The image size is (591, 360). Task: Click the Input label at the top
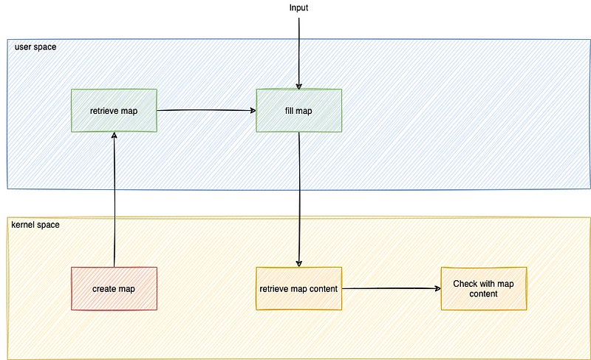click(x=298, y=8)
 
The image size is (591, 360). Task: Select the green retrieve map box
click(x=114, y=110)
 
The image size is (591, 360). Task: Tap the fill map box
click(x=299, y=110)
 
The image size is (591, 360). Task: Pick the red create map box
click(x=114, y=289)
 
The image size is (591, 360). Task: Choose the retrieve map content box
click(x=299, y=289)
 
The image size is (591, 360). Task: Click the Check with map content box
click(x=484, y=289)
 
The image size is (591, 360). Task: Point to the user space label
click(x=35, y=47)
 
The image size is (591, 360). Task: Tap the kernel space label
click(x=35, y=225)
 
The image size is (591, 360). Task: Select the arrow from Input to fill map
click(x=299, y=53)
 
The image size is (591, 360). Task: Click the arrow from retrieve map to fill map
click(x=207, y=110)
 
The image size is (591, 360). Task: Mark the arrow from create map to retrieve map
click(x=115, y=200)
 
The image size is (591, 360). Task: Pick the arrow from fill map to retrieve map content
click(x=299, y=200)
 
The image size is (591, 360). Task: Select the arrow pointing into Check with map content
click(x=392, y=288)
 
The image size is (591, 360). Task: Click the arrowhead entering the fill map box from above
click(x=299, y=86)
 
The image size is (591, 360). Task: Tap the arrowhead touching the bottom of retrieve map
click(x=115, y=135)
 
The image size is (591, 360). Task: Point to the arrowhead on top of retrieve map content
click(x=299, y=264)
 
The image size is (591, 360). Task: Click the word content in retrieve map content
click(x=324, y=289)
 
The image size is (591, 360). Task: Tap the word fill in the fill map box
click(x=289, y=111)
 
